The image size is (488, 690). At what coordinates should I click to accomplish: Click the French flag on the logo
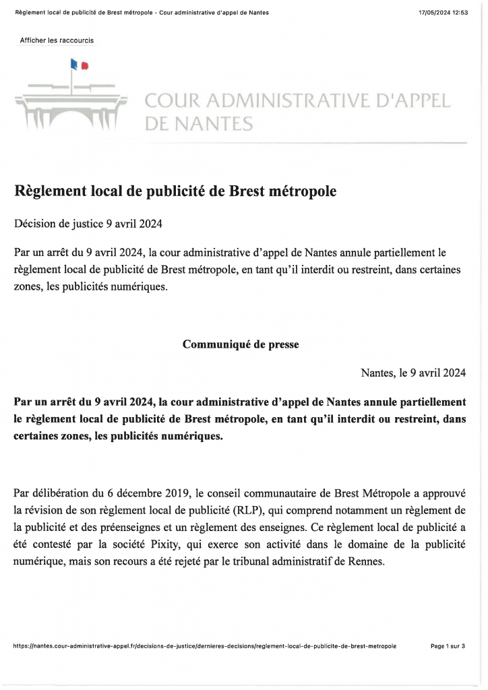(79, 65)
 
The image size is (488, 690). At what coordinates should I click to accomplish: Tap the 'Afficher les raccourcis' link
(57, 40)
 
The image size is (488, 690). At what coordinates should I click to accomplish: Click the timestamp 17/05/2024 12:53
(443, 13)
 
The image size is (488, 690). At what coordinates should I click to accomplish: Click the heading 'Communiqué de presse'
(241, 344)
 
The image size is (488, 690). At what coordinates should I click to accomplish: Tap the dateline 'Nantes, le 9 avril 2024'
(413, 373)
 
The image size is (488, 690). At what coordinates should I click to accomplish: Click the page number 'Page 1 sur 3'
(448, 646)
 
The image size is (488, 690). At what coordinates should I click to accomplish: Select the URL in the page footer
(205, 646)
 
